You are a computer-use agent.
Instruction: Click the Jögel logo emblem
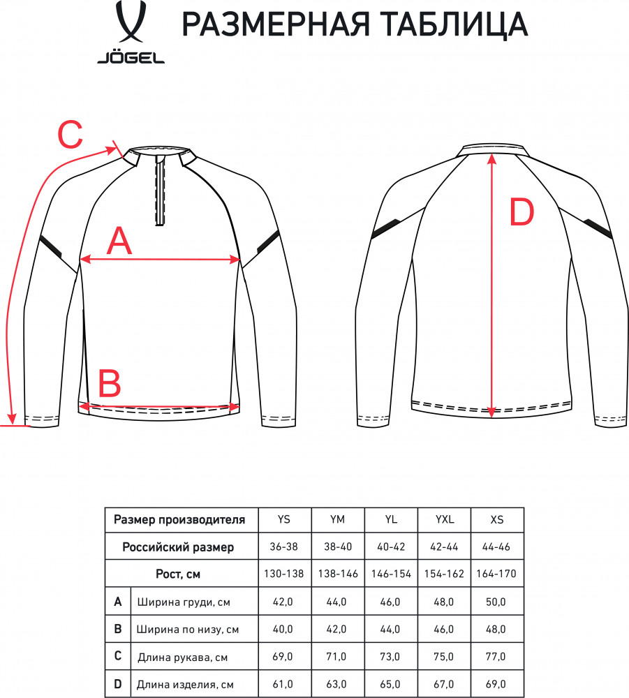[131, 22]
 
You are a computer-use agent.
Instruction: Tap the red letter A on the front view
[120, 241]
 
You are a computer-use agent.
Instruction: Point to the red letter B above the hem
[110, 384]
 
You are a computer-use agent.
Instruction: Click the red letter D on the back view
[521, 212]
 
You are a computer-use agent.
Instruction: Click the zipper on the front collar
[161, 191]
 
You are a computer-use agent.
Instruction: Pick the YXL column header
[444, 519]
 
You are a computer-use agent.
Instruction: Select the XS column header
[497, 519]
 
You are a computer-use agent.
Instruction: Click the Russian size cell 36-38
[283, 547]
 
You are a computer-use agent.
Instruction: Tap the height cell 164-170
[496, 574]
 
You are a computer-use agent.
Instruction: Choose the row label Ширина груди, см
[184, 602]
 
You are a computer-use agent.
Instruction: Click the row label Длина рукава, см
[182, 657]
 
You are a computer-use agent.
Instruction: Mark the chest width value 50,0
[496, 602]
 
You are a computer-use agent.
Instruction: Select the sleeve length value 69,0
[283, 657]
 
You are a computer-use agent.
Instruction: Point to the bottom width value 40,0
[283, 629]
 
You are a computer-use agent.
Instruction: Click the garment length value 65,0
[390, 684]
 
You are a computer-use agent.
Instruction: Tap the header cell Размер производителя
[179, 519]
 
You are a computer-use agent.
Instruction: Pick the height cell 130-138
[283, 574]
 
